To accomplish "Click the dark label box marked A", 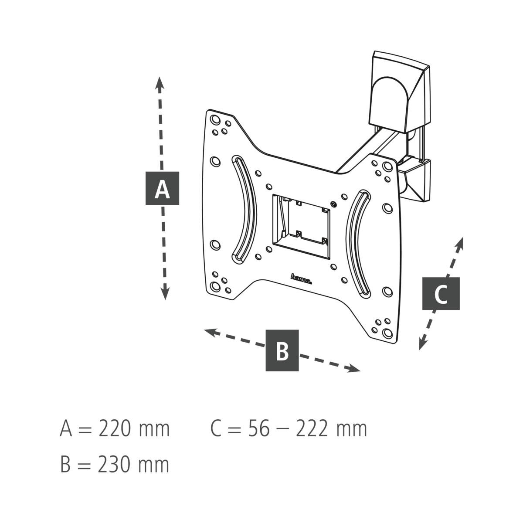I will [x=162, y=188].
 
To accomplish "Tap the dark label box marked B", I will [x=282, y=350].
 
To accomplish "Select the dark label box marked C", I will [x=441, y=293].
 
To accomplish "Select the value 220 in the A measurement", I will [x=114, y=428].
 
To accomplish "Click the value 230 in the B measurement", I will [x=114, y=464].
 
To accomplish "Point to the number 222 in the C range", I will [x=312, y=428].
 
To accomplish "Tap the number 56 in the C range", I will [x=259, y=428].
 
